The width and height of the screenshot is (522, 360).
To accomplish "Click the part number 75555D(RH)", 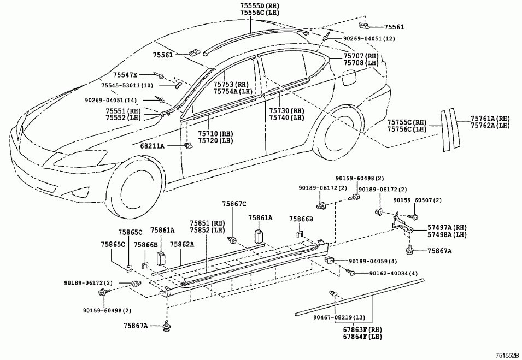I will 251,5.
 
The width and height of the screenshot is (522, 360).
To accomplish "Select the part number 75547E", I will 126,74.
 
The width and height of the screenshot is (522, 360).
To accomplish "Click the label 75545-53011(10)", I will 127,86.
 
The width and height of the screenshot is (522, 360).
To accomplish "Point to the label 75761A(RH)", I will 490,118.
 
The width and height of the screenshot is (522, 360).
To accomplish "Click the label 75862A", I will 182,244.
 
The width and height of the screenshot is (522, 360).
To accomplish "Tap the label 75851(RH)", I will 207,223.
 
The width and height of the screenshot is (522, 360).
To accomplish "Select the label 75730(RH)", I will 286,110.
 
